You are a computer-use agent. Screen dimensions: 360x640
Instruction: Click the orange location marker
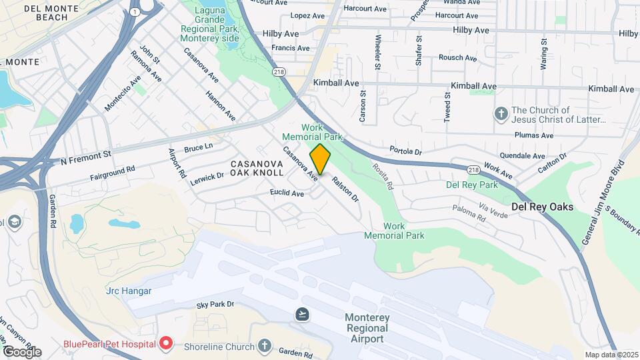pyautogui.click(x=321, y=159)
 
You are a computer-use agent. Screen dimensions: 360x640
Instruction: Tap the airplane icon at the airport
pyautogui.click(x=303, y=314)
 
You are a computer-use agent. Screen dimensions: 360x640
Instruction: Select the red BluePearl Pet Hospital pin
pyautogui.click(x=166, y=344)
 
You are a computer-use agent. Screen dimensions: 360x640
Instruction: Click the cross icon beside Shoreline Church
pyautogui.click(x=265, y=345)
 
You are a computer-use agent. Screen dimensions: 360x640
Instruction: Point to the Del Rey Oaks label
pyautogui.click(x=542, y=207)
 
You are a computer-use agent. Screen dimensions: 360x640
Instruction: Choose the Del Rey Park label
pyautogui.click(x=472, y=184)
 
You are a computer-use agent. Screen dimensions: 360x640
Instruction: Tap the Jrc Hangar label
pyautogui.click(x=129, y=291)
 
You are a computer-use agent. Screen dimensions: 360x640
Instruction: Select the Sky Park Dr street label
pyautogui.click(x=215, y=305)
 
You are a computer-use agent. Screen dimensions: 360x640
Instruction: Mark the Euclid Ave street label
pyautogui.click(x=287, y=193)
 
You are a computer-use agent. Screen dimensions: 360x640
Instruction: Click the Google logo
pyautogui.click(x=21, y=351)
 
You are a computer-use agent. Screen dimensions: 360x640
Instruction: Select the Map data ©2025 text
pyautogui.click(x=610, y=355)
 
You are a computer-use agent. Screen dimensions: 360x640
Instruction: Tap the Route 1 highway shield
pyautogui.click(x=136, y=12)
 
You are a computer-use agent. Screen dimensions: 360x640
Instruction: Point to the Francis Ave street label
pyautogui.click(x=290, y=48)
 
